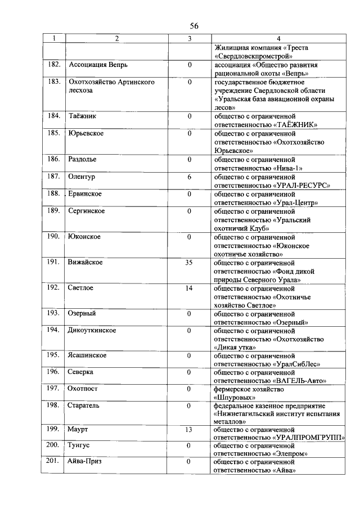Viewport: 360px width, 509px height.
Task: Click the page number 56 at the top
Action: (x=194, y=26)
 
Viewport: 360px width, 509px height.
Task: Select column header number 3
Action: (x=190, y=39)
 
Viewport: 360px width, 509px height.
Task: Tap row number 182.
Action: (x=54, y=65)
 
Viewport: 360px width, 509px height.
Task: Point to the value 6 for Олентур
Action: (x=190, y=176)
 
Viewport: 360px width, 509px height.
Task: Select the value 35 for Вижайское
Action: (x=190, y=263)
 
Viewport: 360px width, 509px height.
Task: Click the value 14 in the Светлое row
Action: (x=190, y=287)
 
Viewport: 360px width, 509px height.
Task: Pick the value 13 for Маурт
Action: (x=190, y=430)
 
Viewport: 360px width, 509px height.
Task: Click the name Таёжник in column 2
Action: (x=83, y=116)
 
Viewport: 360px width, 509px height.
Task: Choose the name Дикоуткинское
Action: (x=92, y=330)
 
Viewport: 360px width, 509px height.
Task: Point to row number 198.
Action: (x=54, y=405)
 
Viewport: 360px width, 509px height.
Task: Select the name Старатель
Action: (x=84, y=405)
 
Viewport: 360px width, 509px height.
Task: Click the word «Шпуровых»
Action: (x=231, y=397)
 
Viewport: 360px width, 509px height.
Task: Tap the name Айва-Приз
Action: (x=85, y=462)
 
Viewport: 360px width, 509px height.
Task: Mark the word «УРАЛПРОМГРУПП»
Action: (x=309, y=438)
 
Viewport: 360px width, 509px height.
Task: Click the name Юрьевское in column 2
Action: (x=86, y=133)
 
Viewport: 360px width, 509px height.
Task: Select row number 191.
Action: (x=54, y=263)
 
